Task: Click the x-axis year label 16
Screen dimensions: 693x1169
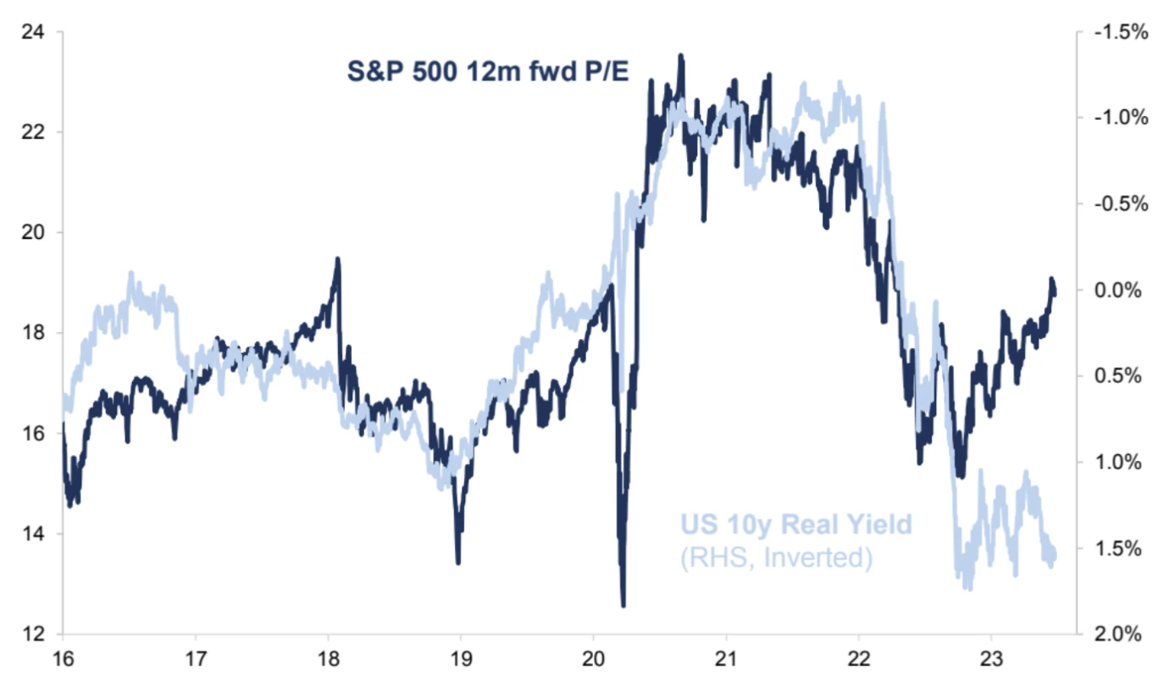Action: coord(63,662)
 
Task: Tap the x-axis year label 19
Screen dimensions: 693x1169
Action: coord(460,662)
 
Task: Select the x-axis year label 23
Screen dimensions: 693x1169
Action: coord(991,662)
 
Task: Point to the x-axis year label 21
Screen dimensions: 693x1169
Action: coord(726,662)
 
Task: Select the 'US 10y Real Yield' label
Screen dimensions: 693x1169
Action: coord(796,525)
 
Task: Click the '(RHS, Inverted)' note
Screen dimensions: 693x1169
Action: coord(776,558)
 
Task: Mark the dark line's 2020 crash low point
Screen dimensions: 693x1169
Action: coord(623,606)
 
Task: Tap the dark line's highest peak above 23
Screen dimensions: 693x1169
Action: coord(680,56)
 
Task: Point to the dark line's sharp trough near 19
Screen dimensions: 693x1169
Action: coord(458,563)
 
